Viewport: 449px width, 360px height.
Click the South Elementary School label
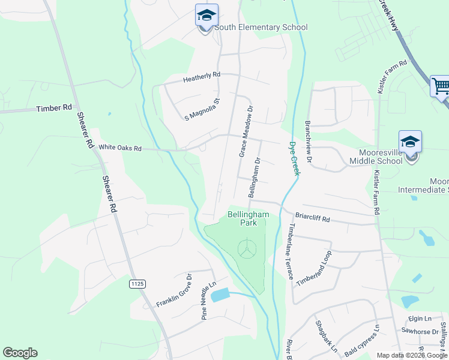[x=261, y=28]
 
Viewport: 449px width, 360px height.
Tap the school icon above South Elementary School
[x=206, y=16]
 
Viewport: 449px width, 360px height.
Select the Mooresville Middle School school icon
[x=411, y=142]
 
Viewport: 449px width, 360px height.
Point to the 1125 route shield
[x=137, y=282]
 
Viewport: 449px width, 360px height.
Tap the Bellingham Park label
[x=248, y=218]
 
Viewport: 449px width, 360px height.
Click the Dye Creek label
[x=294, y=158]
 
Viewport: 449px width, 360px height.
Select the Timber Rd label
[x=54, y=109]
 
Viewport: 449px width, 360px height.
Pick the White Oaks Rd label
[x=120, y=148]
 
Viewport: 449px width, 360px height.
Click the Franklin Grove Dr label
[x=173, y=291]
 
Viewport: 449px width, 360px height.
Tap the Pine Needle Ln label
[x=208, y=301]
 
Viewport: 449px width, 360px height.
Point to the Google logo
[x=20, y=353]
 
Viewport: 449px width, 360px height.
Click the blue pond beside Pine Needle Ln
[x=220, y=295]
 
